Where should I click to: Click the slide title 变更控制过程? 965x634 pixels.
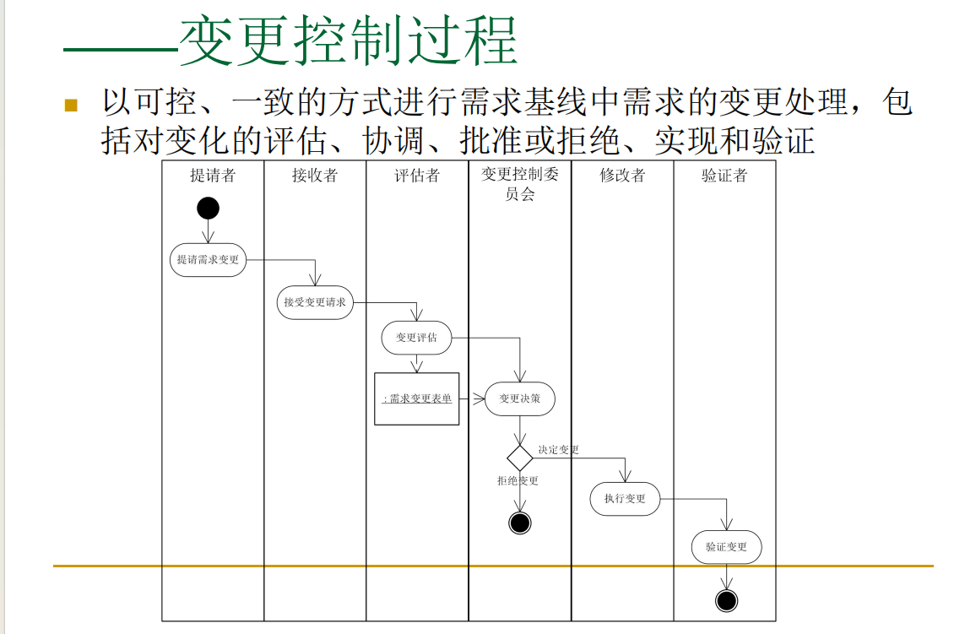pos(348,41)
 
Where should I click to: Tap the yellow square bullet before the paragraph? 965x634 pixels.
pos(71,106)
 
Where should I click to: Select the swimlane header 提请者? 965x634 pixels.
pos(213,176)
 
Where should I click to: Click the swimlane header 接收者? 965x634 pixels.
pos(315,176)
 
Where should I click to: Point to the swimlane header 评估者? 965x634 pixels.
pos(417,176)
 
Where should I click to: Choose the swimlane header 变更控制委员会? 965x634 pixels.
pos(520,184)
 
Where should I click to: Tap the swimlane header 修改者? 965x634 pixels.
pos(622,176)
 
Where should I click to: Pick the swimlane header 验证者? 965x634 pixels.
pos(724,176)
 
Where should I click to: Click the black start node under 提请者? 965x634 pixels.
pos(208,208)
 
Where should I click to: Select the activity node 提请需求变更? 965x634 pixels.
pos(208,260)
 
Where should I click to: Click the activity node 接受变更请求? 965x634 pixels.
pos(315,302)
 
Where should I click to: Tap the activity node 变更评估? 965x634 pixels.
pos(417,338)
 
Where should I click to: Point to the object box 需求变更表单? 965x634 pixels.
pos(417,398)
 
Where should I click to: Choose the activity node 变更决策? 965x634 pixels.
pos(520,398)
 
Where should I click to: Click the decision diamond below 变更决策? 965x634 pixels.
pos(520,458)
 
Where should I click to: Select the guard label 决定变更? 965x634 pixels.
pos(559,450)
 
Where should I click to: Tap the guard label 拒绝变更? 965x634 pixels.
pos(518,481)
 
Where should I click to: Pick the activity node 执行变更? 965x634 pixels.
pos(625,499)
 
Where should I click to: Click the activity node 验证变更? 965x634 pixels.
pos(726,547)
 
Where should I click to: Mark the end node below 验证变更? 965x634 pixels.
pos(726,600)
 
